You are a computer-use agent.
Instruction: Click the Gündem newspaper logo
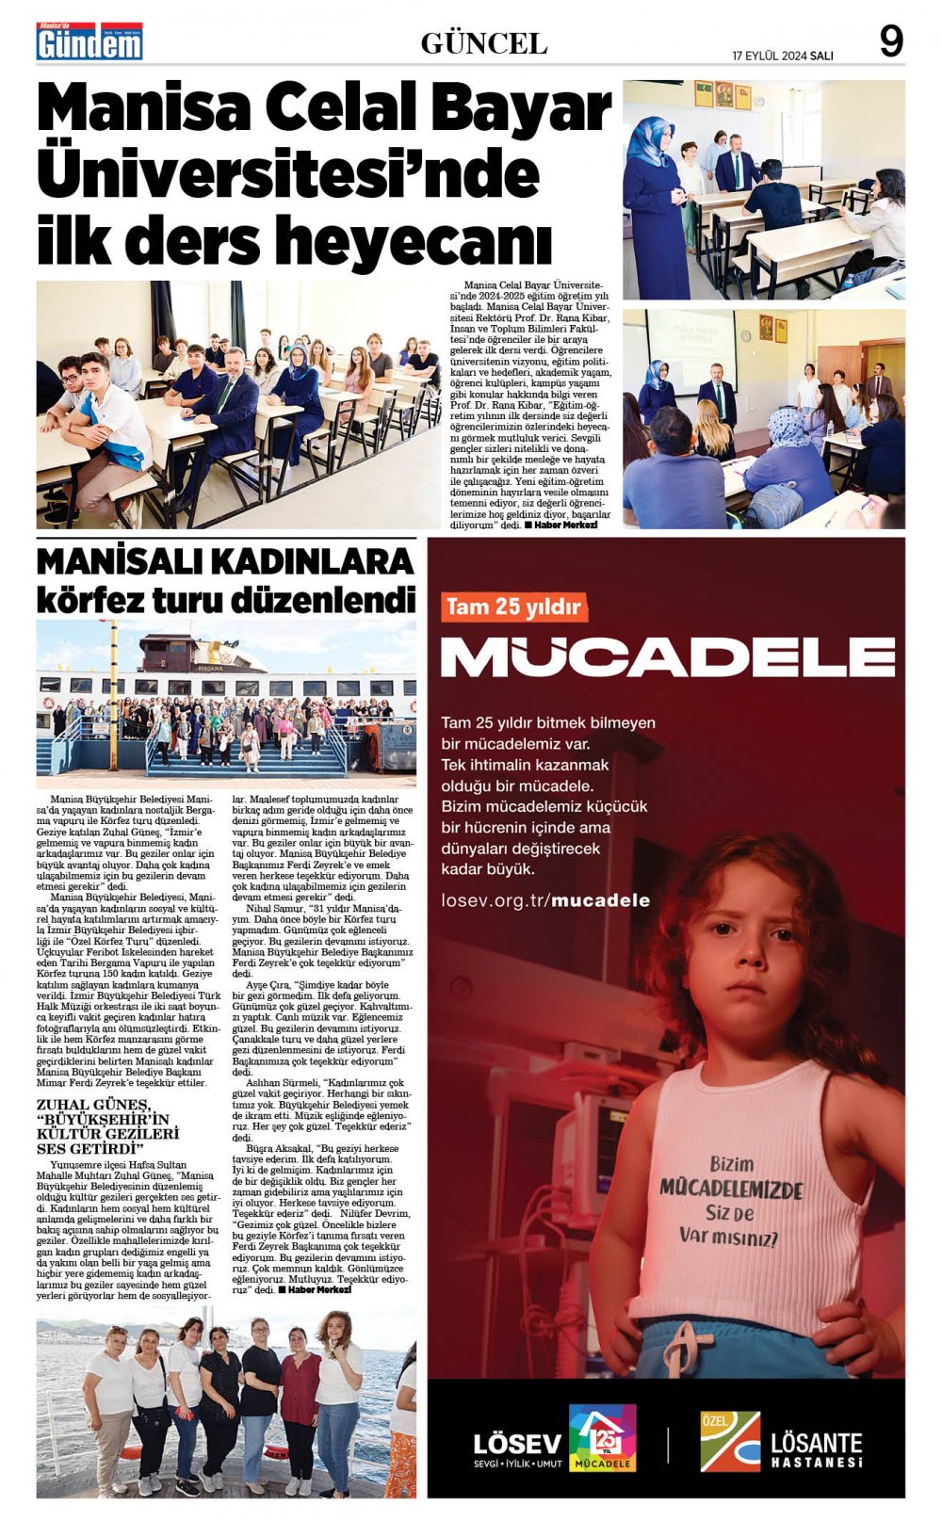[x=89, y=42]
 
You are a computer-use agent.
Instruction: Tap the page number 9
[x=890, y=41]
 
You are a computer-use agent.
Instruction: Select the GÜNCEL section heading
[x=483, y=43]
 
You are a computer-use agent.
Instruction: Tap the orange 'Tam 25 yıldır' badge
[x=513, y=607]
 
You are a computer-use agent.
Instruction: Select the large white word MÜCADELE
[x=667, y=656]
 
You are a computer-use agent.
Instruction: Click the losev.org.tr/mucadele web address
[x=545, y=900]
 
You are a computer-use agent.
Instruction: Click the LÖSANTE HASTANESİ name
[x=816, y=1448]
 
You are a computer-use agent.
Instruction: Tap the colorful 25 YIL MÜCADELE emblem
[x=602, y=1437]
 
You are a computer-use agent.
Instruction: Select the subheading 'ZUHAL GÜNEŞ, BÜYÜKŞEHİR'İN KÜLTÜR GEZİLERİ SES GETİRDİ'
[x=107, y=1126]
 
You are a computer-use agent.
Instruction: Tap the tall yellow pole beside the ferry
[x=114, y=697]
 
